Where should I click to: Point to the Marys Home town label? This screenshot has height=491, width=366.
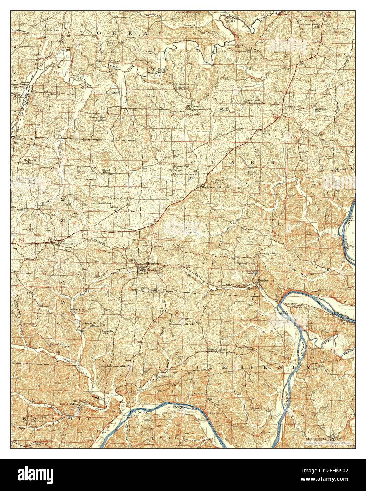coord(217,350)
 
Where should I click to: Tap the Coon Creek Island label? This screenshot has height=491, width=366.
coord(129,415)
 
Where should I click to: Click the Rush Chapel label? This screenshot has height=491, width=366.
coord(170,372)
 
